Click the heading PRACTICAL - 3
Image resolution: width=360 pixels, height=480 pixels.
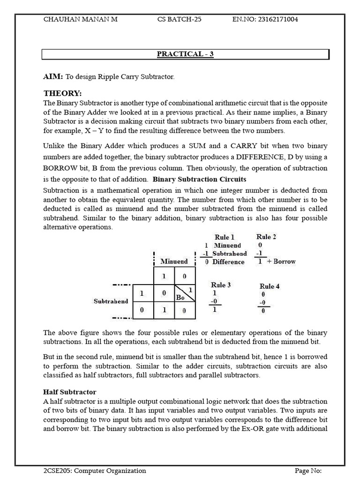coord(185,54)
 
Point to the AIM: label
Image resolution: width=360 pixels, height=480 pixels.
coord(53,76)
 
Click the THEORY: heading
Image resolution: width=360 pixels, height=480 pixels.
coord(62,93)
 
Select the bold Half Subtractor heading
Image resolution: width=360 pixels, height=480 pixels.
coord(70,391)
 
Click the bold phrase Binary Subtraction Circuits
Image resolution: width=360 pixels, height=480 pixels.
coord(200,179)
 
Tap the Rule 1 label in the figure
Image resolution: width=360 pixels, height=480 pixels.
coord(225,237)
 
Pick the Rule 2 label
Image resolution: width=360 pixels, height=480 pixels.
coord(266,237)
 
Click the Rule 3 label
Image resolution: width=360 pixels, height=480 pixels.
coord(221,285)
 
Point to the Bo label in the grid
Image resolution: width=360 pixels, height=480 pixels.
coord(180,297)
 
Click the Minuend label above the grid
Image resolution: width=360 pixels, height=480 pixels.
coord(174,261)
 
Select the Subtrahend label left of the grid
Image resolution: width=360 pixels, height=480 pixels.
coord(111,301)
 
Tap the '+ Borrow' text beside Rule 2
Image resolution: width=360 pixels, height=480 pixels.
coord(282,261)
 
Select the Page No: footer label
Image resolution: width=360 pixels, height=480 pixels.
coord(308,471)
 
